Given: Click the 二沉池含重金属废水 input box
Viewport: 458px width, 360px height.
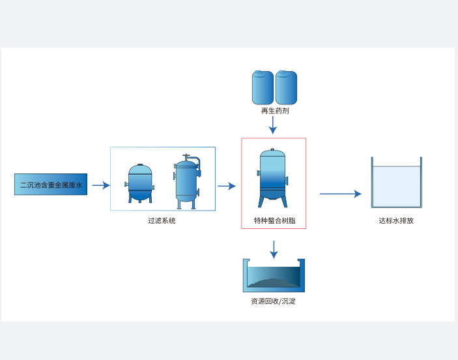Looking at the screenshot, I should [51, 185].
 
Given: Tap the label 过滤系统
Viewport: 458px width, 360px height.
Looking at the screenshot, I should [162, 220].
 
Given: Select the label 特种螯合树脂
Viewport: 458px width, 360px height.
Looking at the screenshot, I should [274, 220].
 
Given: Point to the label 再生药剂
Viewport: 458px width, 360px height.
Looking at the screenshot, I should [275, 111].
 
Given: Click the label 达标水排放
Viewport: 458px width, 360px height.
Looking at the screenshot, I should [396, 220].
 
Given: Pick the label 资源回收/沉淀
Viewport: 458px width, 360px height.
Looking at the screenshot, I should [273, 301].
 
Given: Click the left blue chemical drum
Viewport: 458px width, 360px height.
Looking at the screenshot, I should [263, 88].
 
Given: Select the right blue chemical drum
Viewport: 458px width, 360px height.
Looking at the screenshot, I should [286, 88].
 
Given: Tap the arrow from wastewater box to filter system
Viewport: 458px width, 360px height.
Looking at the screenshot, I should [101, 185].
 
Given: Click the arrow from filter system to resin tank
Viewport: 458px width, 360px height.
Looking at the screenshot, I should [227, 186].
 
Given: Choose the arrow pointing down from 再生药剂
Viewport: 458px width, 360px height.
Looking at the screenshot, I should [273, 125].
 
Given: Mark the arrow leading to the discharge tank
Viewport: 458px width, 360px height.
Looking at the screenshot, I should [340, 194].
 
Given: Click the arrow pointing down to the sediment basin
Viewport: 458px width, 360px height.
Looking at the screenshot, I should [274, 249].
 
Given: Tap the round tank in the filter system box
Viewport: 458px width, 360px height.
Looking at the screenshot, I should [140, 183].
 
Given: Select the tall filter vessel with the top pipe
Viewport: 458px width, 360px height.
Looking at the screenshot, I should [186, 184].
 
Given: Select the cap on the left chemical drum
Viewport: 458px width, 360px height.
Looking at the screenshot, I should [258, 72].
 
